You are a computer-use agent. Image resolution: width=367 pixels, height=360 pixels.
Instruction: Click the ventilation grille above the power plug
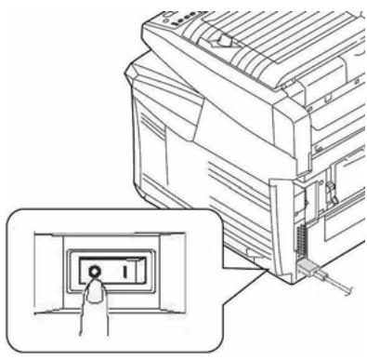[300, 240]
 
